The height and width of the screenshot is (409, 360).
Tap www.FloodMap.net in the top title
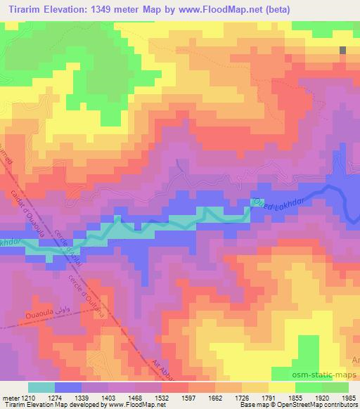tap(219, 8)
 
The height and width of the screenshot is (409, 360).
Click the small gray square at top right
tap(343, 51)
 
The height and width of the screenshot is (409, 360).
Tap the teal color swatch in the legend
tap(41, 387)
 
